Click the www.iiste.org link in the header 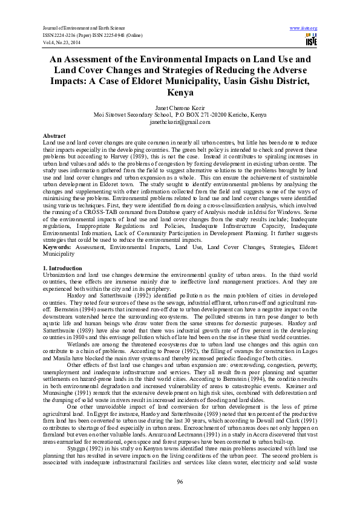tap(304, 28)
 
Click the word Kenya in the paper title tap(180, 93)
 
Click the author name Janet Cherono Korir tap(180, 108)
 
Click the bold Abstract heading tap(55, 136)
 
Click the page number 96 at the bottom tap(180, 481)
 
